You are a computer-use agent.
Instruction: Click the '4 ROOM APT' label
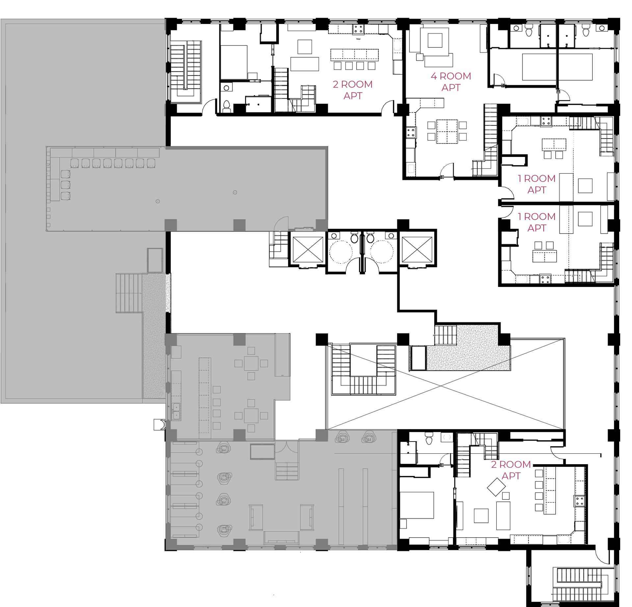[x=451, y=82]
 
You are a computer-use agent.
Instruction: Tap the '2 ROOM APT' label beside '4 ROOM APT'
[x=353, y=90]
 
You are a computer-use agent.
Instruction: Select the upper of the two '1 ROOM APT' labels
[x=537, y=184]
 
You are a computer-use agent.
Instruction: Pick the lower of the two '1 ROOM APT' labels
[x=537, y=222]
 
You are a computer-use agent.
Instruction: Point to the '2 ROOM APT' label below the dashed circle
[x=511, y=470]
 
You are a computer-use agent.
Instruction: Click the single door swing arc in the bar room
[x=282, y=224]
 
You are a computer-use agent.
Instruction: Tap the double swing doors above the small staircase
[x=287, y=447]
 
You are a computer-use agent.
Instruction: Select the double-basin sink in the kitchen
[x=176, y=411]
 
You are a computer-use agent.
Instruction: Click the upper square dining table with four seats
[x=251, y=363]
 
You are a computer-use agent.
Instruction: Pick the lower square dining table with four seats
[x=251, y=416]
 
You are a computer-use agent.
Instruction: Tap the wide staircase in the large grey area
[x=129, y=293]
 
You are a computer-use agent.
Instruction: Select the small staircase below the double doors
[x=287, y=471]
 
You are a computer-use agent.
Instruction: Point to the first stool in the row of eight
[x=75, y=163]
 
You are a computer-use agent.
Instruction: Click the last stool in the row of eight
[x=151, y=163]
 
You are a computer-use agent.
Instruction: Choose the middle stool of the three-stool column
[x=66, y=185]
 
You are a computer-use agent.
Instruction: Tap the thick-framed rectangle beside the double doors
[x=262, y=451]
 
